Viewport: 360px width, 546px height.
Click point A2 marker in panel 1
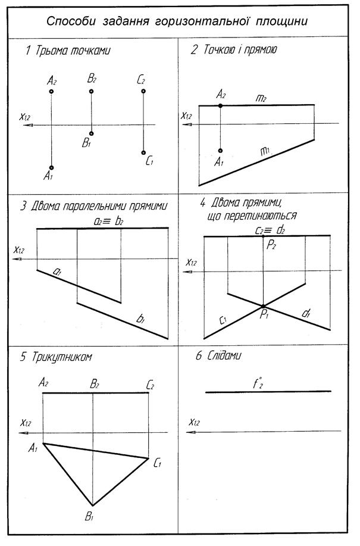52,92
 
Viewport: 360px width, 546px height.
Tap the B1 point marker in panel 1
91,134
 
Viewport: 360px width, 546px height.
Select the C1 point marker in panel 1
143,152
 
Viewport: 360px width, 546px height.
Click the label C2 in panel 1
141,79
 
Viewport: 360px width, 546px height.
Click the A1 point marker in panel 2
221,151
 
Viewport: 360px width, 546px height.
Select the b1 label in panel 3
141,320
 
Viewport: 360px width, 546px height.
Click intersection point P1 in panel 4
263,307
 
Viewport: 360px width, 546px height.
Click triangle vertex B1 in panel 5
92,504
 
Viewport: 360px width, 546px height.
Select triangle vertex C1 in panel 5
148,458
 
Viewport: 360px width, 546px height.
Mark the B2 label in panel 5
94,384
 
